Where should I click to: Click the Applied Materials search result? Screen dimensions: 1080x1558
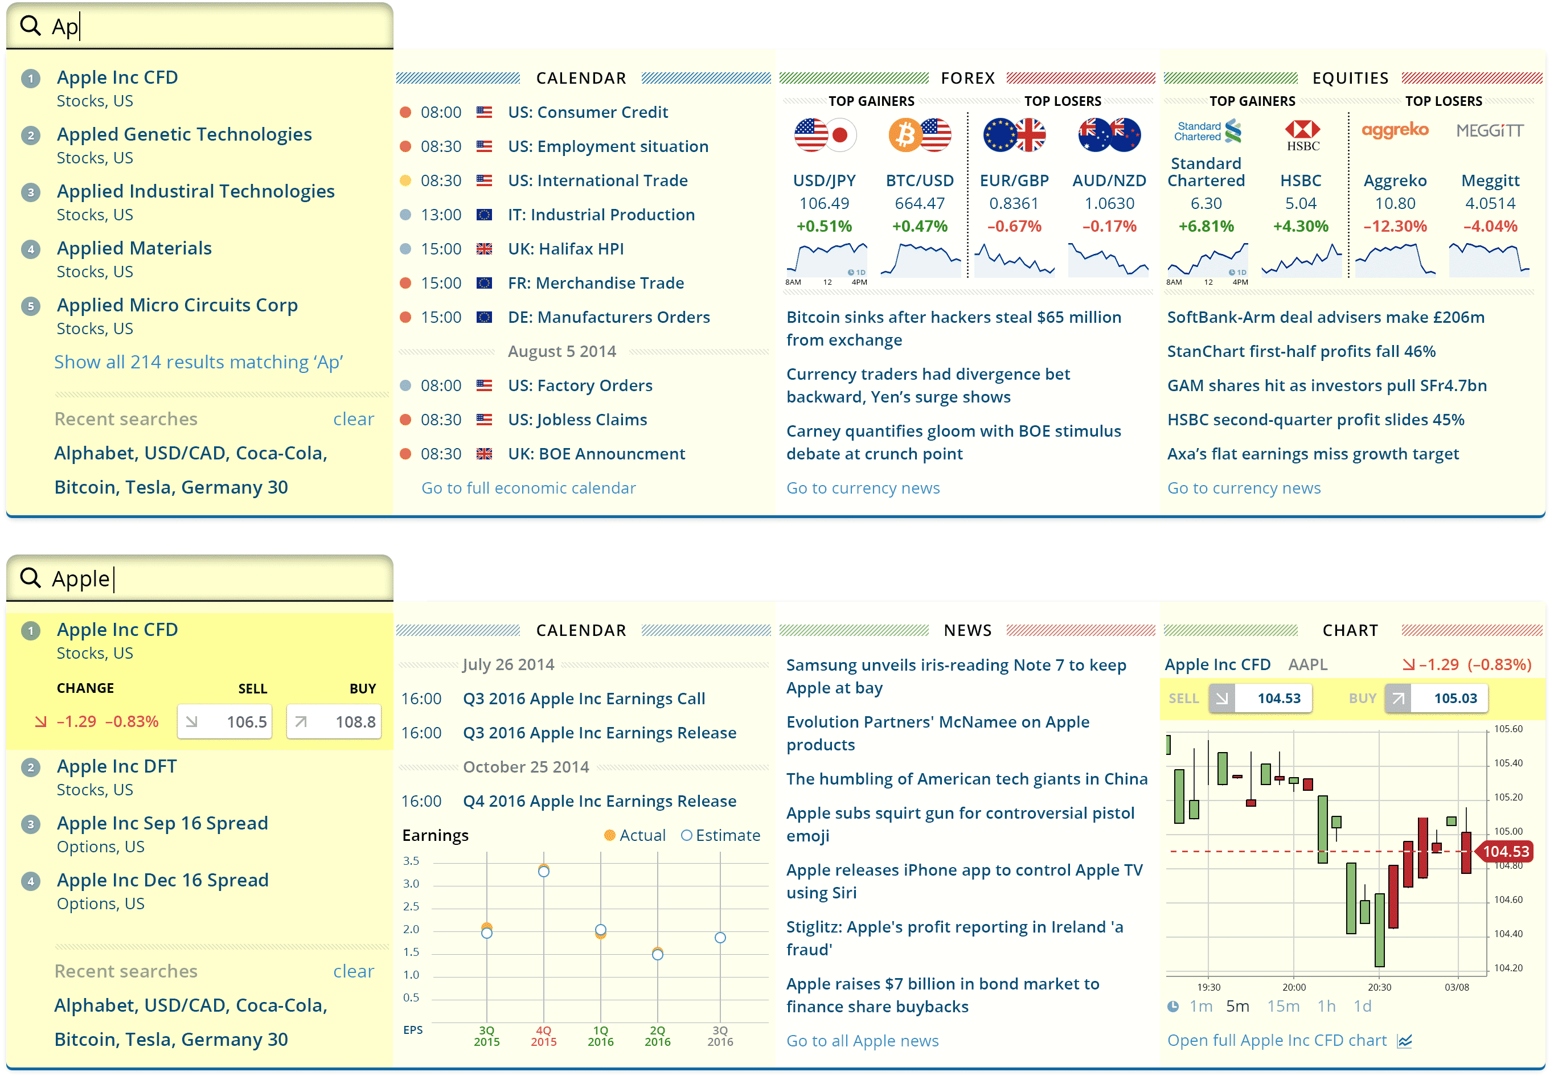click(134, 248)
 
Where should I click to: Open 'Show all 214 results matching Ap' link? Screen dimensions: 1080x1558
click(198, 362)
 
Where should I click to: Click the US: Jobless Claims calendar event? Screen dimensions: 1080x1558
click(577, 420)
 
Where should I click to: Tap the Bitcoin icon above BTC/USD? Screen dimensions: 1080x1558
click(904, 135)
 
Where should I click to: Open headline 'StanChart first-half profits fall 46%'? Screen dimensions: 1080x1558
click(1301, 351)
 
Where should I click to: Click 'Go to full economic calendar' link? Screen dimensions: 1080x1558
click(528, 488)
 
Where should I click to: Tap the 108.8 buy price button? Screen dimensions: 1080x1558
click(334, 722)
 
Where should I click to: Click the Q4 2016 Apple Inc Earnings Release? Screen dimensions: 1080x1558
click(599, 801)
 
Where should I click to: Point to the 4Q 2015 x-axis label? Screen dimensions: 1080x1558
click(543, 1036)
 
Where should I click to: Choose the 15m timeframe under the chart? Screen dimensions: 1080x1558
click(1283, 1006)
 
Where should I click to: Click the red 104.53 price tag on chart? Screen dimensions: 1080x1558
click(1505, 851)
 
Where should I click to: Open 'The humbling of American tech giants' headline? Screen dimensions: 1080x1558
click(966, 779)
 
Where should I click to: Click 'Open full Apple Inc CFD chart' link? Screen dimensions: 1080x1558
click(1277, 1041)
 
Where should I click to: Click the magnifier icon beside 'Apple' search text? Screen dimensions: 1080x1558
click(30, 578)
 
